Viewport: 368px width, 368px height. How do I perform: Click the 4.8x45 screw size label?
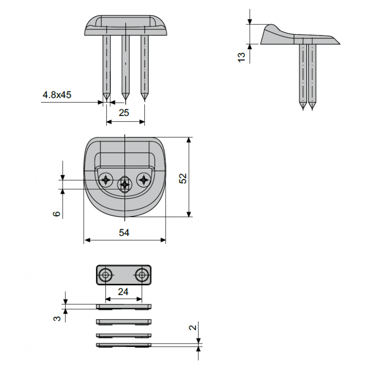click(57, 95)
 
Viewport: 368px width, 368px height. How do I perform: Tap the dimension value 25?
click(124, 113)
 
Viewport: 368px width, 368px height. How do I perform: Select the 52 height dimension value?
click(183, 178)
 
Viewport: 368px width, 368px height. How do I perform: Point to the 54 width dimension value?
click(124, 233)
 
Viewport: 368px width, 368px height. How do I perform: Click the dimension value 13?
click(241, 57)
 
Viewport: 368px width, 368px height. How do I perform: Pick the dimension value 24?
click(123, 292)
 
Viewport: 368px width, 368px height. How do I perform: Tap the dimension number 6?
click(57, 213)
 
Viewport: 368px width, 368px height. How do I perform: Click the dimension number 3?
click(57, 318)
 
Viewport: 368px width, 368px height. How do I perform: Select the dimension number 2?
click(193, 328)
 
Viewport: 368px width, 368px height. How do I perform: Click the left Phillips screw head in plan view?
click(106, 180)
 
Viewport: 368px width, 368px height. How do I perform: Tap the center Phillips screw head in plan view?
click(125, 185)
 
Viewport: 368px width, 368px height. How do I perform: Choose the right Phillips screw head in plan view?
click(144, 180)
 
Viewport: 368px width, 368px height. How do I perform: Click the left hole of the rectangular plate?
click(105, 275)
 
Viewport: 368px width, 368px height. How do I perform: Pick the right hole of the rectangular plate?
click(142, 275)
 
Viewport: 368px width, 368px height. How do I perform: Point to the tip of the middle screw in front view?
click(125, 99)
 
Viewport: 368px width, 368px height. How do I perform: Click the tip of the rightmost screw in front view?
click(144, 99)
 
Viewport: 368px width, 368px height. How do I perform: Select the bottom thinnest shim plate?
click(124, 345)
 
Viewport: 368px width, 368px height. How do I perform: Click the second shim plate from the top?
click(124, 322)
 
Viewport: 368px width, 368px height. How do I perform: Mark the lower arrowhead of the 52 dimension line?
click(189, 214)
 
